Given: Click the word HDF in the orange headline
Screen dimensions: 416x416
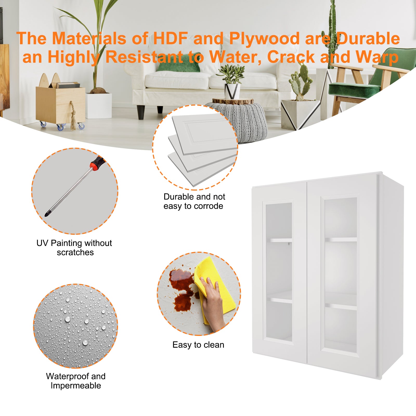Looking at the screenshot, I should (x=170, y=38).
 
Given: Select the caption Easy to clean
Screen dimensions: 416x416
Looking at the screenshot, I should (x=198, y=345).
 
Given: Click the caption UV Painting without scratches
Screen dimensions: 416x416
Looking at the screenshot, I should (x=74, y=248).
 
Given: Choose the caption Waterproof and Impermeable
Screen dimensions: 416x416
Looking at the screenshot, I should (x=76, y=381).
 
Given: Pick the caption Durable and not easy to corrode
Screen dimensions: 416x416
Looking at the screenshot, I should (x=194, y=201).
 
